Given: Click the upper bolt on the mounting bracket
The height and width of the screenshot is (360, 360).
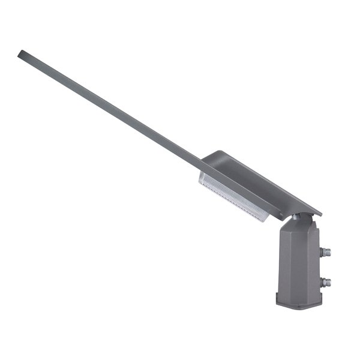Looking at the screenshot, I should click(325, 252).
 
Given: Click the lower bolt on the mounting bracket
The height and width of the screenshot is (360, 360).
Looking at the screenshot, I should click(325, 281).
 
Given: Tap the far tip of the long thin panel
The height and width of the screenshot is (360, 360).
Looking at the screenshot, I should click(22, 54).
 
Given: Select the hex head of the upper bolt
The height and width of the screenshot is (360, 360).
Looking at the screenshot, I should click(328, 252).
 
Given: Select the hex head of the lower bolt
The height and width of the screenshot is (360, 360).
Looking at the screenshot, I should click(328, 281).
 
